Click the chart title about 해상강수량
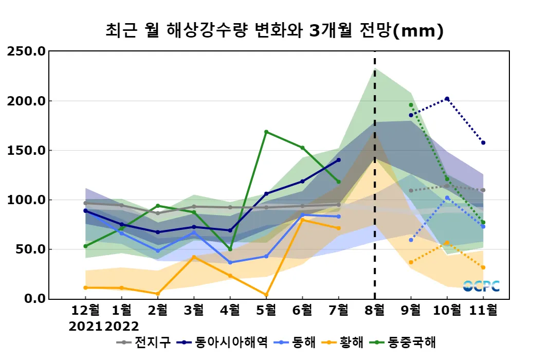[x=274, y=31]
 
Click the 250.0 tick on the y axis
[x=26, y=51]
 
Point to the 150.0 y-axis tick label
[x=26, y=150]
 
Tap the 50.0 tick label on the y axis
[x=30, y=249]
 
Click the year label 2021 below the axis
[x=85, y=326]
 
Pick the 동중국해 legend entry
[x=414, y=342]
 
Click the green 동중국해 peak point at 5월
[x=266, y=132]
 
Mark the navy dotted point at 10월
[x=447, y=99]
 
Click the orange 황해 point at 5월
[x=266, y=295]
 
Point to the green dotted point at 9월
[x=411, y=105]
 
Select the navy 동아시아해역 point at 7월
[x=338, y=160]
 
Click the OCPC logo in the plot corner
[x=481, y=286]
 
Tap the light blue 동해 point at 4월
[x=230, y=263]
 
